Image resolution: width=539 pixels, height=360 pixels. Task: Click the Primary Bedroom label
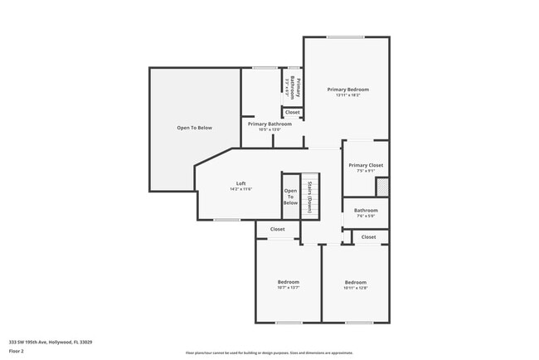click(347, 89)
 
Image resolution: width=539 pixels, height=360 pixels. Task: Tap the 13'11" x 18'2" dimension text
click(347, 95)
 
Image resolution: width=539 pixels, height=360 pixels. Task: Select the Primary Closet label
click(365, 165)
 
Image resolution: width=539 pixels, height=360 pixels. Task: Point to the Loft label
click(240, 183)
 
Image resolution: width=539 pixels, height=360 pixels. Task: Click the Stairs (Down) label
click(309, 197)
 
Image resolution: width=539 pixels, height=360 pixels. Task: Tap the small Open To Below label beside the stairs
click(290, 197)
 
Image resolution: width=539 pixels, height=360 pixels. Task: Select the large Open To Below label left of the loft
click(195, 128)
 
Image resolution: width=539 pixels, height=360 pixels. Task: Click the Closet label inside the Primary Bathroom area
click(293, 112)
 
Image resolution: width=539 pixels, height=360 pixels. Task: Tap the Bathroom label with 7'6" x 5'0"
click(366, 211)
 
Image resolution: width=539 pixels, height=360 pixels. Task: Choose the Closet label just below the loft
click(277, 229)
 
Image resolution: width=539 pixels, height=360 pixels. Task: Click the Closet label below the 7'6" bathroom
click(368, 237)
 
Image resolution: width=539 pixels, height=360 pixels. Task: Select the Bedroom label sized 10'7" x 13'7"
click(288, 282)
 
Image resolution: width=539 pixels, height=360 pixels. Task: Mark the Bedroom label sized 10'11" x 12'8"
click(355, 282)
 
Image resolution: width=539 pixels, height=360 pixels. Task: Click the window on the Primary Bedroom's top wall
click(344, 36)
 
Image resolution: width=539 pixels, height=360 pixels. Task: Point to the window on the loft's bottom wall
click(226, 220)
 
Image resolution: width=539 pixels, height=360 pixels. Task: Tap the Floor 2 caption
click(17, 351)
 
